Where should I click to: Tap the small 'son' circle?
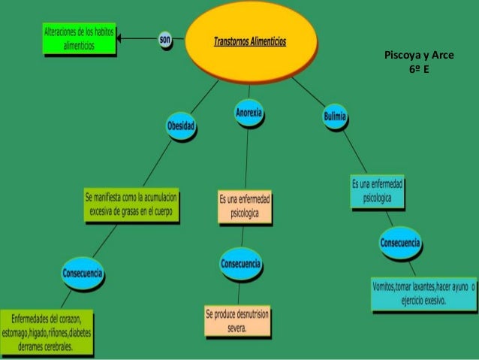[165, 38]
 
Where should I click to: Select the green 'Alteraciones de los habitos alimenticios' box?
[79, 39]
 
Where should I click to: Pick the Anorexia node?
[249, 112]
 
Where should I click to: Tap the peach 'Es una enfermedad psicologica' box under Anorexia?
[245, 207]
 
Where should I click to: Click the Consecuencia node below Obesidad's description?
[82, 271]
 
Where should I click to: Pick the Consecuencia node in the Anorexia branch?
[240, 264]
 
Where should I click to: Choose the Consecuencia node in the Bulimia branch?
[400, 243]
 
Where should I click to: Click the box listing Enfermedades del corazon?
[47, 331]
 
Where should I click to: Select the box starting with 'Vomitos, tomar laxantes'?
[423, 294]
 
